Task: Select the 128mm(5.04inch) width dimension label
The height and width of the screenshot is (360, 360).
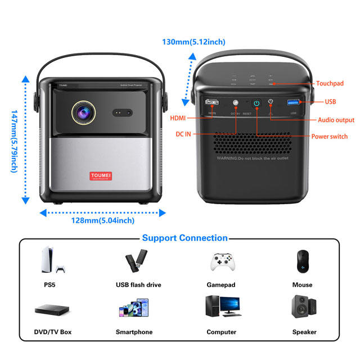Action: click(x=102, y=220)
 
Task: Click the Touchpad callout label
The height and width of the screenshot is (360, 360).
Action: click(x=330, y=83)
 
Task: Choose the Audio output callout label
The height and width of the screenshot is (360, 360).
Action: click(x=336, y=120)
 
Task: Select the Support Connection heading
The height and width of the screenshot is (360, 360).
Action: click(x=184, y=238)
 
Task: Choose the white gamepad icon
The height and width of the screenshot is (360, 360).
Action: click(x=221, y=262)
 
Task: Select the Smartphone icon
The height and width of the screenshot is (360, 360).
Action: click(x=134, y=309)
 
